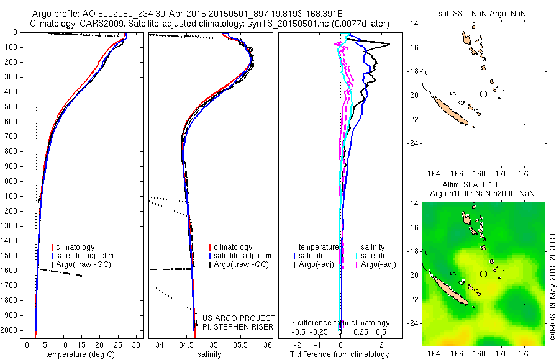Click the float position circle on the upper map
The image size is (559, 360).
[483, 94]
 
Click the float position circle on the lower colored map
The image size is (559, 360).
[483, 274]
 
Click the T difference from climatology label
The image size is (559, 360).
[340, 354]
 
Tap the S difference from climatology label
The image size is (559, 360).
[340, 323]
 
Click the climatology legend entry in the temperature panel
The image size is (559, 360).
[73, 247]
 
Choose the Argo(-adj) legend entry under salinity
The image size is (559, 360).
[378, 265]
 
